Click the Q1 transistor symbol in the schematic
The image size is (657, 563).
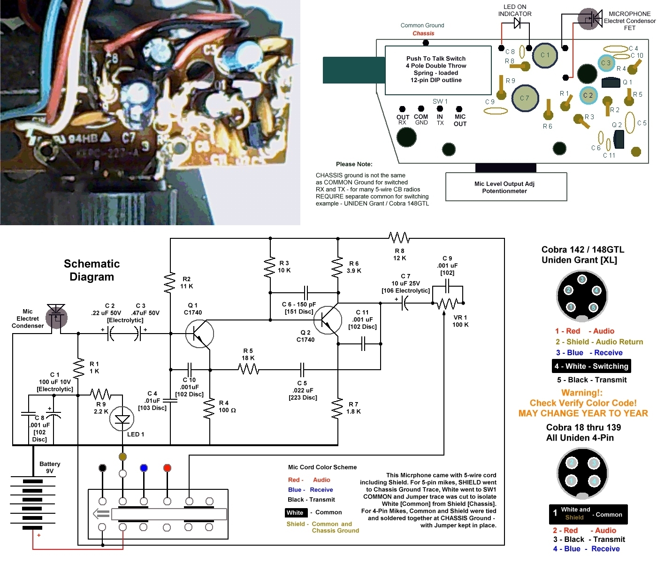[199, 334]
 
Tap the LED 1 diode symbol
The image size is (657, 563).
[122, 419]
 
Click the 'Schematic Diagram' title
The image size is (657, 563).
[92, 270]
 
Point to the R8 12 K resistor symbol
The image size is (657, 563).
[399, 238]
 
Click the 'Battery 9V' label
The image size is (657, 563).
[50, 467]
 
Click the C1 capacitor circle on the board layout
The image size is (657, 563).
[544, 55]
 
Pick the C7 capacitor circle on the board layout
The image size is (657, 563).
[525, 98]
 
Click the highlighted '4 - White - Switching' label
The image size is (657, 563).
[591, 366]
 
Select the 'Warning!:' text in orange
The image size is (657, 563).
[582, 393]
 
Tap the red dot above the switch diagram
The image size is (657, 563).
[167, 468]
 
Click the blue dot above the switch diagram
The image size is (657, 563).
[144, 468]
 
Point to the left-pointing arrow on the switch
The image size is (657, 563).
[101, 514]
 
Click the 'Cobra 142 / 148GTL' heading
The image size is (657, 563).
[583, 250]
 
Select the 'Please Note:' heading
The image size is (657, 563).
[354, 164]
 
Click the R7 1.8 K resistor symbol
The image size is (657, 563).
[337, 408]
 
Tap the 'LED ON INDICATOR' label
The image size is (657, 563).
[515, 10]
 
